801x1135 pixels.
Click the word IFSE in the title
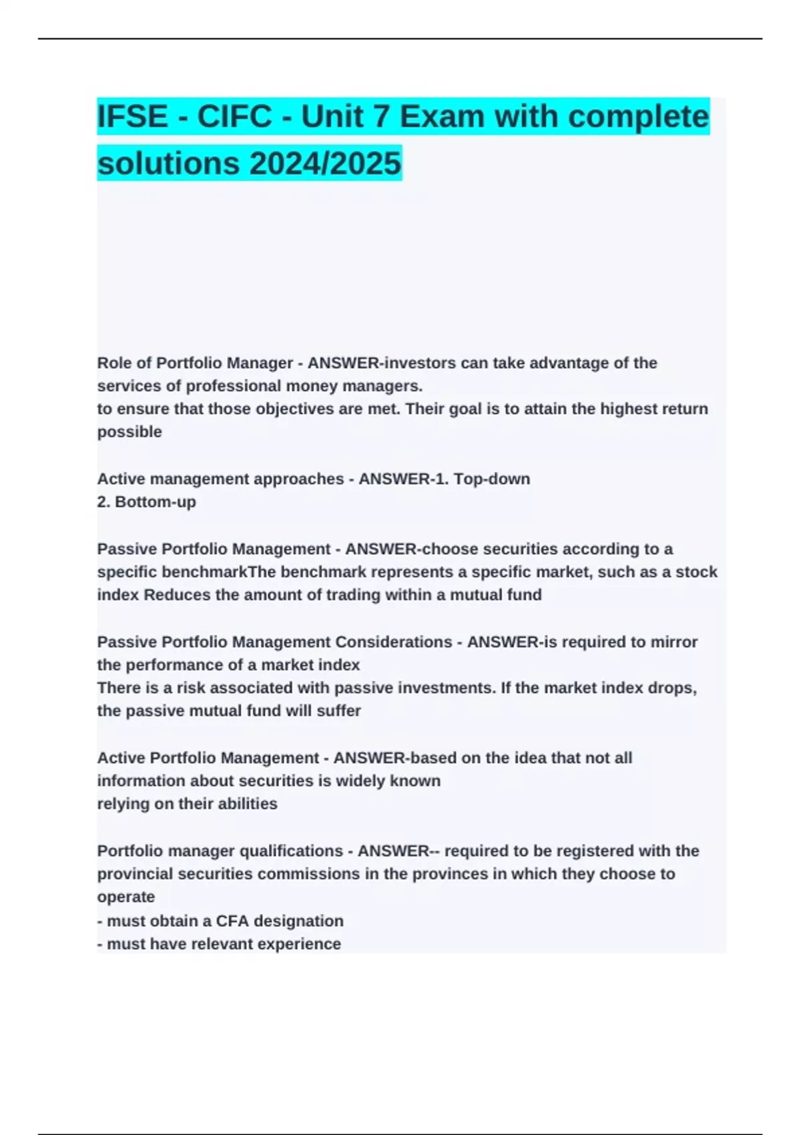click(133, 117)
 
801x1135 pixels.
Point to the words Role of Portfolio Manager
click(195, 363)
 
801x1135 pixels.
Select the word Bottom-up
click(156, 502)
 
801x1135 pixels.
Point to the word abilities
click(247, 804)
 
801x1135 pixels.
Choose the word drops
click(672, 688)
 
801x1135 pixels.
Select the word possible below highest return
click(129, 432)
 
